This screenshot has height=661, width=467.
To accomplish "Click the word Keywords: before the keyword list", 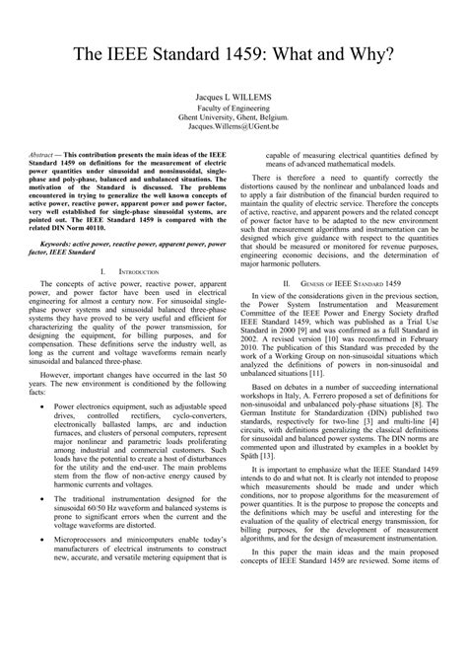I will click(55, 240).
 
